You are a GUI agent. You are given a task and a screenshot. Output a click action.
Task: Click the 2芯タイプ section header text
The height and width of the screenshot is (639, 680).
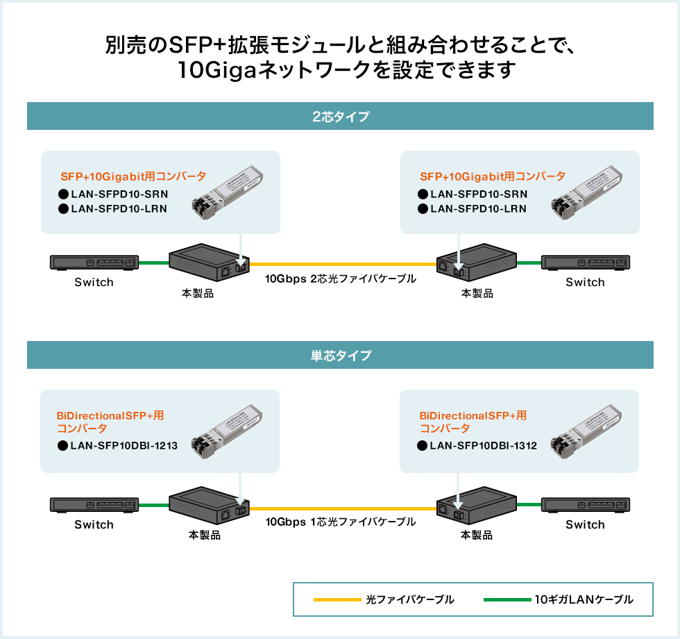point(340,117)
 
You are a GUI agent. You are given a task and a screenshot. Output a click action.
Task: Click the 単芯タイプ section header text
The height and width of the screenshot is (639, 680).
point(340,356)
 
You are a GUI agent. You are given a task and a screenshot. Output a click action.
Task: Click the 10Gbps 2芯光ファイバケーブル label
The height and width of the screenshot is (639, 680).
point(341,279)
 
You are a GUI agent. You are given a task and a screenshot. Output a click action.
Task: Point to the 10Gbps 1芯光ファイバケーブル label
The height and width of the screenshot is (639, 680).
point(341,521)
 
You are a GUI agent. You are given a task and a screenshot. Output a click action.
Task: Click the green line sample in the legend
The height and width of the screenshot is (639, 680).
point(506,599)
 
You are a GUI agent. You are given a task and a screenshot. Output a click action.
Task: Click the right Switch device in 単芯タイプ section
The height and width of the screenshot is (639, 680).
point(586,505)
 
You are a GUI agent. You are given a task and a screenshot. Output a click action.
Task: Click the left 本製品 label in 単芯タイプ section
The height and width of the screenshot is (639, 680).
point(205,536)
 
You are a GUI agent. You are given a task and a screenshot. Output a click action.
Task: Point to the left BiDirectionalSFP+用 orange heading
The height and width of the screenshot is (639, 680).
point(110,416)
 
